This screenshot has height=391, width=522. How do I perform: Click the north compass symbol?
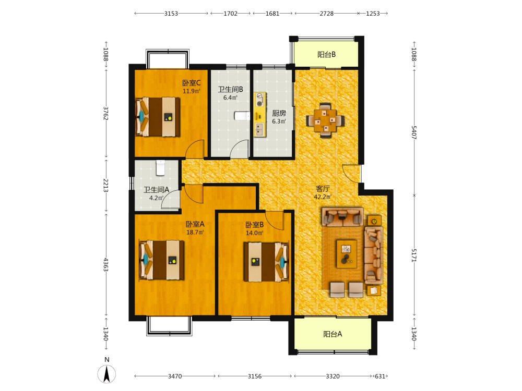click(106, 374)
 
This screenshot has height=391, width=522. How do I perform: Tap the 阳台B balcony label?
click(326, 55)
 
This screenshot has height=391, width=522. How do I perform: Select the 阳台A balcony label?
click(333, 334)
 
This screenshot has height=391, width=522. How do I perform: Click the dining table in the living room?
click(325, 120)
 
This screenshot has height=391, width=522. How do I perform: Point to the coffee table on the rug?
click(347, 254)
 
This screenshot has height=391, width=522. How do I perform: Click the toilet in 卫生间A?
click(160, 168)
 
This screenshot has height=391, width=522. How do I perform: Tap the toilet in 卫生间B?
click(242, 116)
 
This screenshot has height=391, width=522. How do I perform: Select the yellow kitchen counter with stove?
click(260, 115)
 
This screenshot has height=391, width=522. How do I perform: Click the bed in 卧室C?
click(158, 116)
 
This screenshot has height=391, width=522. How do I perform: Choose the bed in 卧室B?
click(266, 262)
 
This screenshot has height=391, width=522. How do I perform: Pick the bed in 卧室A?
click(162, 260)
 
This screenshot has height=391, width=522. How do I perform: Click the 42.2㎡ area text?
click(323, 197)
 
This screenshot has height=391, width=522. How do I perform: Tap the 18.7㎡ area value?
click(195, 233)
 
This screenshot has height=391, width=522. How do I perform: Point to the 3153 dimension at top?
click(171, 14)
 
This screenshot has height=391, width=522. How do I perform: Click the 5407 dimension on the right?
click(414, 132)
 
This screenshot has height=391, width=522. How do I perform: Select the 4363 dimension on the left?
click(106, 265)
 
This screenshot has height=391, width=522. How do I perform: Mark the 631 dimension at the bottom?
click(380, 376)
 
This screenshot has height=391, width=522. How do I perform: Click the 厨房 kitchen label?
click(279, 113)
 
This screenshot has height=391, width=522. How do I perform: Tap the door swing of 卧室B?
click(275, 220)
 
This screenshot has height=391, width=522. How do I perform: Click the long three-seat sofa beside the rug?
click(374, 255)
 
